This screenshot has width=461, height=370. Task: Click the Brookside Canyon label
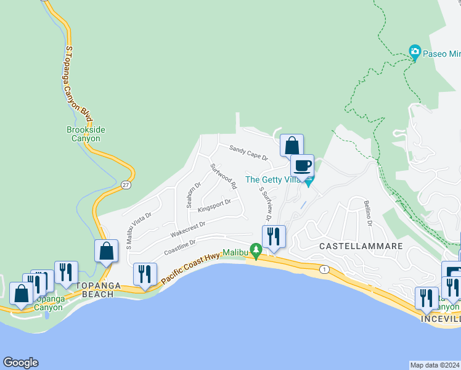pos(83,134)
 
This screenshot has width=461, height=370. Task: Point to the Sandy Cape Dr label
pos(248,152)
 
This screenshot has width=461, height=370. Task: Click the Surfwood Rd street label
pos(224,176)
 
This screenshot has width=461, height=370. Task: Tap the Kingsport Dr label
pos(214,205)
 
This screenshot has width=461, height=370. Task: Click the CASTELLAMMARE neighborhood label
pos(361,246)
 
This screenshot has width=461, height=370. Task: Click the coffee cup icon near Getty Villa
pos(302,166)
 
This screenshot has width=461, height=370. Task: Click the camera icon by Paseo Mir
pos(415,51)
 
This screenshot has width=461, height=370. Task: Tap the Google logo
pos(20,363)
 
